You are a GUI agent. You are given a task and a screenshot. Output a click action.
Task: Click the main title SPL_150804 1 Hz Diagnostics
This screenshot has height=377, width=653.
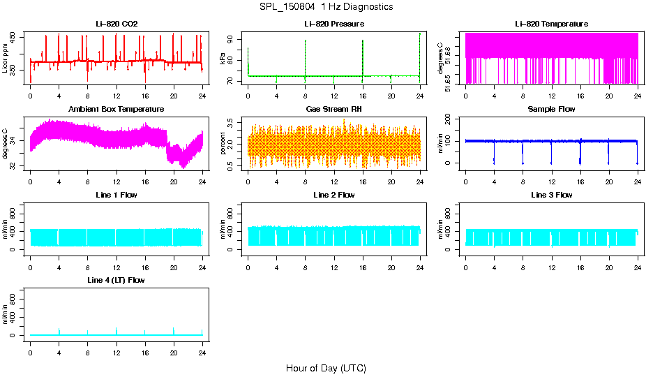(326, 7)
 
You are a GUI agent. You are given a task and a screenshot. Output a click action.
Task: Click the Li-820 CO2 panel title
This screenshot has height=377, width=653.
(117, 24)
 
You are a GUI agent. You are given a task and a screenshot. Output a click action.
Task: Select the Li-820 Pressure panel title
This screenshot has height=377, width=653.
(333, 24)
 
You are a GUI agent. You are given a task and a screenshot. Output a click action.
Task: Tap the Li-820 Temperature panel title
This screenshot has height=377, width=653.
(551, 24)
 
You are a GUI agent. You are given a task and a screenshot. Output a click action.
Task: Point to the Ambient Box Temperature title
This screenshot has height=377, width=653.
(117, 109)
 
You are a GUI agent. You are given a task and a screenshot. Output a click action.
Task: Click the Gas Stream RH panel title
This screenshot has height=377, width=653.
(333, 109)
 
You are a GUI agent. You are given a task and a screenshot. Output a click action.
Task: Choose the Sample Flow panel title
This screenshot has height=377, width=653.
(551, 109)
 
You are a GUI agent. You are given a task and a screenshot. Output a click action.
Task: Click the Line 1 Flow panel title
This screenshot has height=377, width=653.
(117, 195)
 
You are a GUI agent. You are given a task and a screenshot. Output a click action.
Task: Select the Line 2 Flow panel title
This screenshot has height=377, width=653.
(333, 195)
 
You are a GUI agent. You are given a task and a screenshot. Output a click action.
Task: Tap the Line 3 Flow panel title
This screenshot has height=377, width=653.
(551, 195)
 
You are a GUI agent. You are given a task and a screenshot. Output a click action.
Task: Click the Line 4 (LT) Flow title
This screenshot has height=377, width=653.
(117, 280)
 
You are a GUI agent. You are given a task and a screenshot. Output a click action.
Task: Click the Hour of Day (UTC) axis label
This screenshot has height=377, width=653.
(326, 368)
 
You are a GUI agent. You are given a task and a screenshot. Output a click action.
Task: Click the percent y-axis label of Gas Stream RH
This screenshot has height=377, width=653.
(223, 145)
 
